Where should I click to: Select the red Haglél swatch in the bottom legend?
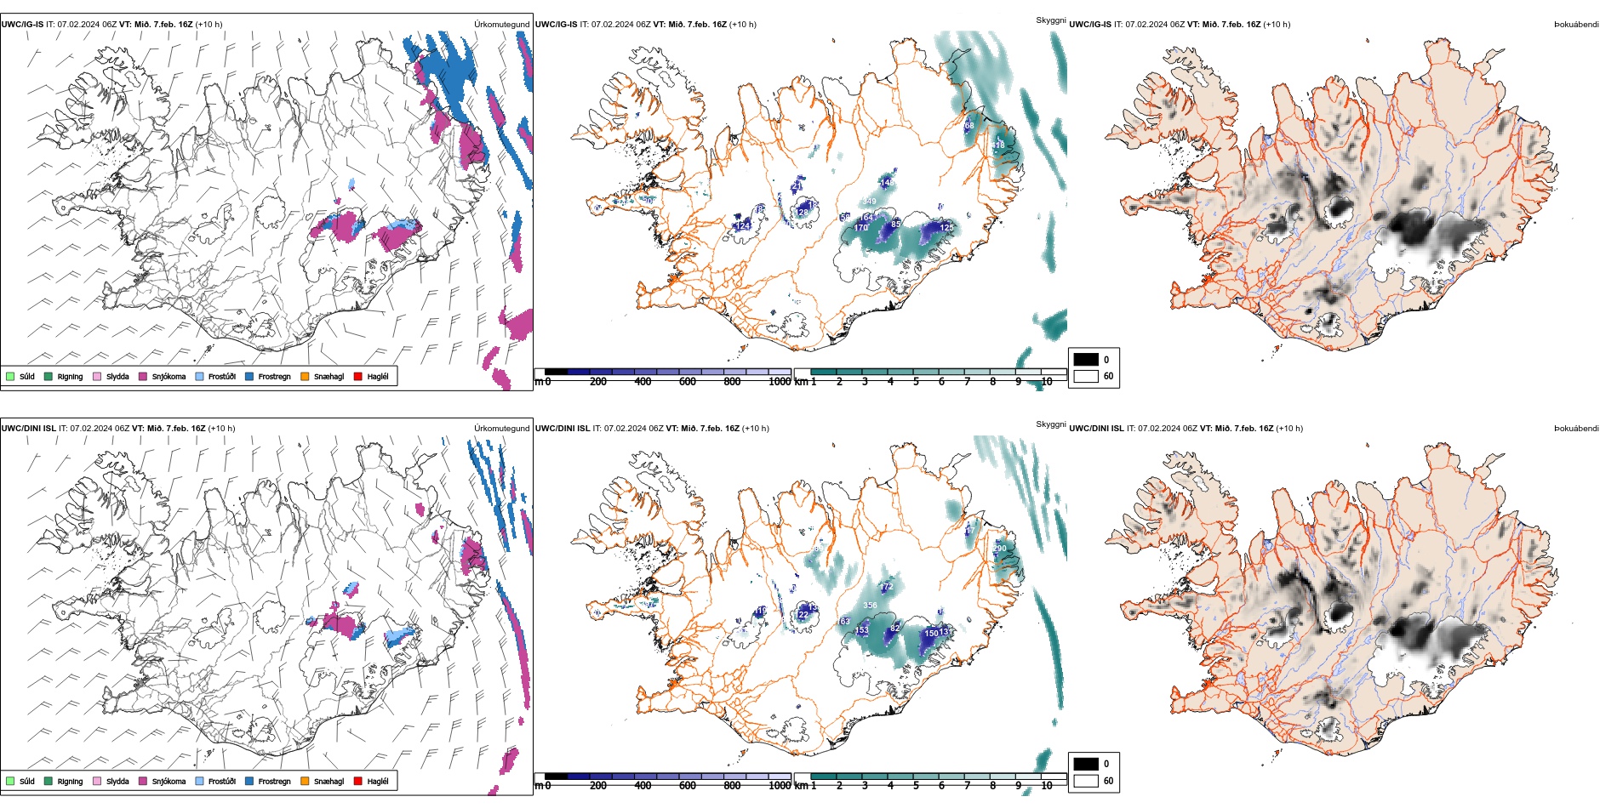click(358, 781)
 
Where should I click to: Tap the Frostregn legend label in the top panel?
click(274, 376)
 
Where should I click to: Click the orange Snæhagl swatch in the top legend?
click(304, 376)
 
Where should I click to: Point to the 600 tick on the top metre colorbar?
click(688, 381)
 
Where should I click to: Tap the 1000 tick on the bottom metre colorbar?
click(780, 785)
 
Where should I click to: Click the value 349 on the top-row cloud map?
click(868, 202)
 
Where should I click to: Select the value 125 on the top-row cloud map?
click(946, 227)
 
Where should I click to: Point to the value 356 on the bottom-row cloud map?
click(870, 606)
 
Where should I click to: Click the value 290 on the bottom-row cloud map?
click(1000, 548)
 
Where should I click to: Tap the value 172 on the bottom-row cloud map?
click(887, 587)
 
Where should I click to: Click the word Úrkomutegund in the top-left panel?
click(501, 25)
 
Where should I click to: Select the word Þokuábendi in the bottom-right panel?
click(1576, 429)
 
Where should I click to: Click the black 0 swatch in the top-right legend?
click(1086, 360)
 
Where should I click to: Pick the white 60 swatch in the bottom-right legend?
click(1086, 780)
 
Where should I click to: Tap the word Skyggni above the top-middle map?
click(1050, 20)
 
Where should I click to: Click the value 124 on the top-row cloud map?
click(743, 225)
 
